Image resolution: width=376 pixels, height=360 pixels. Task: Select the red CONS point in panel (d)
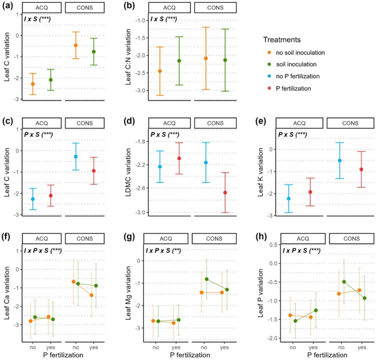pyautogui.click(x=225, y=193)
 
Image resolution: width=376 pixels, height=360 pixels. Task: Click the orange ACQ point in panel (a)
pyautogui.click(x=32, y=84)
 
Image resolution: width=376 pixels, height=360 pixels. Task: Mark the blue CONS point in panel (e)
pyautogui.click(x=340, y=160)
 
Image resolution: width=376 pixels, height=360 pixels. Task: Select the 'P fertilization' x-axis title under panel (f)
pyautogui.click(x=58, y=355)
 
